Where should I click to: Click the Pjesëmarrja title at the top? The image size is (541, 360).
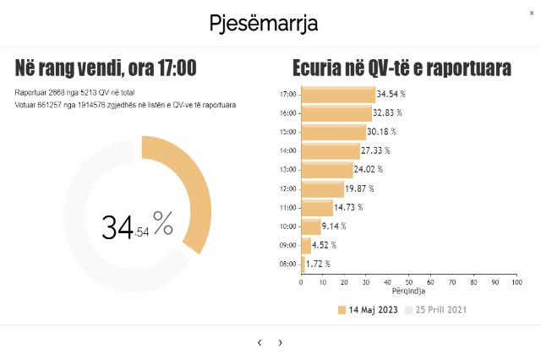[x=264, y=23]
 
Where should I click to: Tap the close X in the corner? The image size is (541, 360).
[x=531, y=13]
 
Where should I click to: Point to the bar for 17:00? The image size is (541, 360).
[x=338, y=95]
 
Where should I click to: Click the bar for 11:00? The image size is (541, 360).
[x=317, y=207]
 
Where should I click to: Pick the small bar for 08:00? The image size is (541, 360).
[x=303, y=264]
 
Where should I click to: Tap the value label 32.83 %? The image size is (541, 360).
[x=388, y=112]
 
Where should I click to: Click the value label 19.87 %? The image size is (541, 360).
[x=360, y=188]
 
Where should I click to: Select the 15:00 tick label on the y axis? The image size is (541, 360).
[x=288, y=132]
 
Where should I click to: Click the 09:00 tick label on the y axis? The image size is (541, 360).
[x=288, y=245]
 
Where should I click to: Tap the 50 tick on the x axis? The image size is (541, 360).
[x=409, y=282]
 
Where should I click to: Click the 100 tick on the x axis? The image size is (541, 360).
[x=516, y=282]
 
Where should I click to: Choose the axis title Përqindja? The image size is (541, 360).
[x=409, y=292]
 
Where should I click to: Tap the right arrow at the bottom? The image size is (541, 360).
[x=281, y=342]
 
